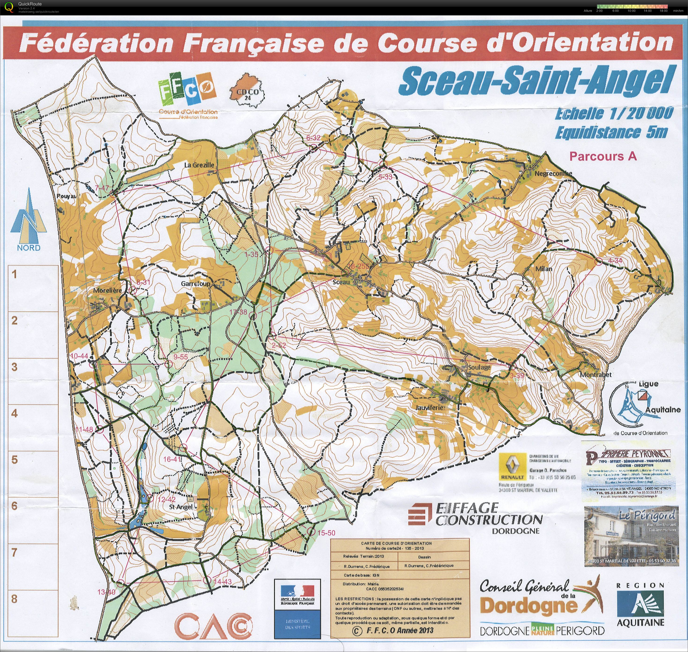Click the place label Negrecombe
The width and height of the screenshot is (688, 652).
pyautogui.click(x=553, y=173)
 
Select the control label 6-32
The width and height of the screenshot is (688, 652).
pyautogui.click(x=313, y=138)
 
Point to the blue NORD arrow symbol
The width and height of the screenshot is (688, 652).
pyautogui.click(x=29, y=217)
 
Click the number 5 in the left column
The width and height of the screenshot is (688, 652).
pyautogui.click(x=14, y=460)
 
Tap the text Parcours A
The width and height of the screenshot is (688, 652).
pyautogui.click(x=603, y=157)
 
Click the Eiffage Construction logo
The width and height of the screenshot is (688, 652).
pyautogui.click(x=475, y=517)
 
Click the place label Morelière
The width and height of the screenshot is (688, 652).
pyautogui.click(x=107, y=290)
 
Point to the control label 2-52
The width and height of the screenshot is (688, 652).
pyautogui.click(x=279, y=345)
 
